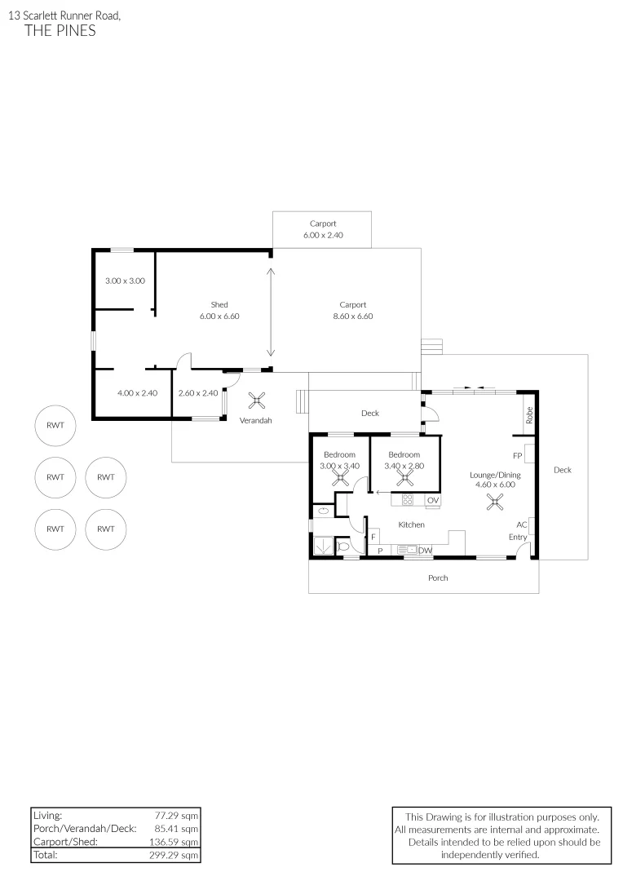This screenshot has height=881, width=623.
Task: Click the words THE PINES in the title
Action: pos(60,31)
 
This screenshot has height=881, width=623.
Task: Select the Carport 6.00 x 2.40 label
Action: pos(323,229)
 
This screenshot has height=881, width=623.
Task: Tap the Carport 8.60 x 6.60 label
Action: pos(352,311)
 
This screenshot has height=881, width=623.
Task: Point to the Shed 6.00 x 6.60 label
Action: pos(219,311)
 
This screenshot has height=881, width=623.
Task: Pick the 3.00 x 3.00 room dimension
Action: pos(125,281)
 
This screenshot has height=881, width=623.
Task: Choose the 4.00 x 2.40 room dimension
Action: pos(137,393)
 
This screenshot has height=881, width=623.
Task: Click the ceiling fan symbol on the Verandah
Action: pos(257,400)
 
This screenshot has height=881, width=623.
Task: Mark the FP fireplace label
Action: pos(517,455)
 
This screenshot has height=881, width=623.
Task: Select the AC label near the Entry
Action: pos(521,525)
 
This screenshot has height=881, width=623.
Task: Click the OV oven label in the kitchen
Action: pos(432,500)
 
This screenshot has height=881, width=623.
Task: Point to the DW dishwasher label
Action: pos(425,551)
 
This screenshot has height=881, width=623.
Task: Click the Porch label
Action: pos(438,578)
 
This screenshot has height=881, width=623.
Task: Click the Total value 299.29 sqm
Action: pos(177,855)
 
